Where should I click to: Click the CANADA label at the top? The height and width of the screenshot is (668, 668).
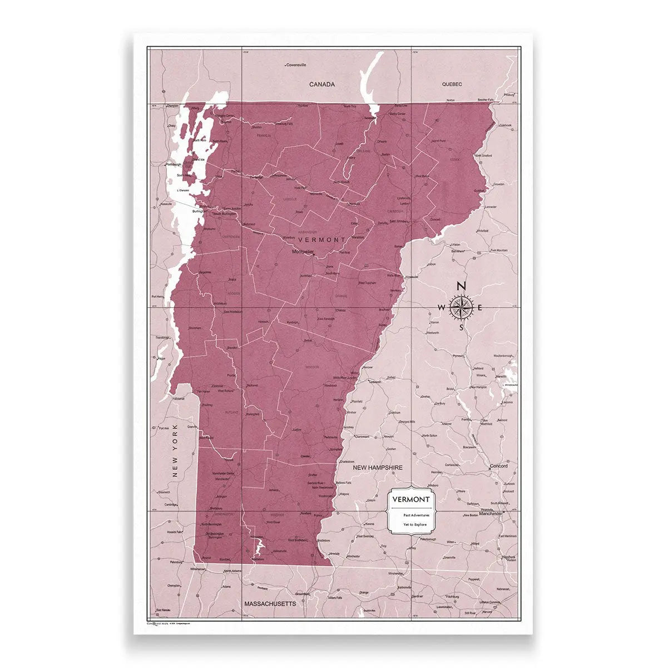pyautogui.click(x=322, y=84)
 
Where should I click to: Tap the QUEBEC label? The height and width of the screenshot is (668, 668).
pyautogui.click(x=452, y=84)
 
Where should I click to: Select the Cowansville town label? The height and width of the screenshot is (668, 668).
pyautogui.click(x=296, y=65)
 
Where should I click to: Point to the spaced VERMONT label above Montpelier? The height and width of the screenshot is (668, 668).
pyautogui.click(x=322, y=239)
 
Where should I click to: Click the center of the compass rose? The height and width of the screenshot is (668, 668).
pyautogui.click(x=461, y=307)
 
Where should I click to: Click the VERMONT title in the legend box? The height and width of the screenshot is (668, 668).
pyautogui.click(x=410, y=499)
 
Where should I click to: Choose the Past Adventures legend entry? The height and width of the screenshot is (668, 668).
pyautogui.click(x=417, y=515)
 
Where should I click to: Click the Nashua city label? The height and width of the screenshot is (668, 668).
pyautogui.click(x=508, y=557)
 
